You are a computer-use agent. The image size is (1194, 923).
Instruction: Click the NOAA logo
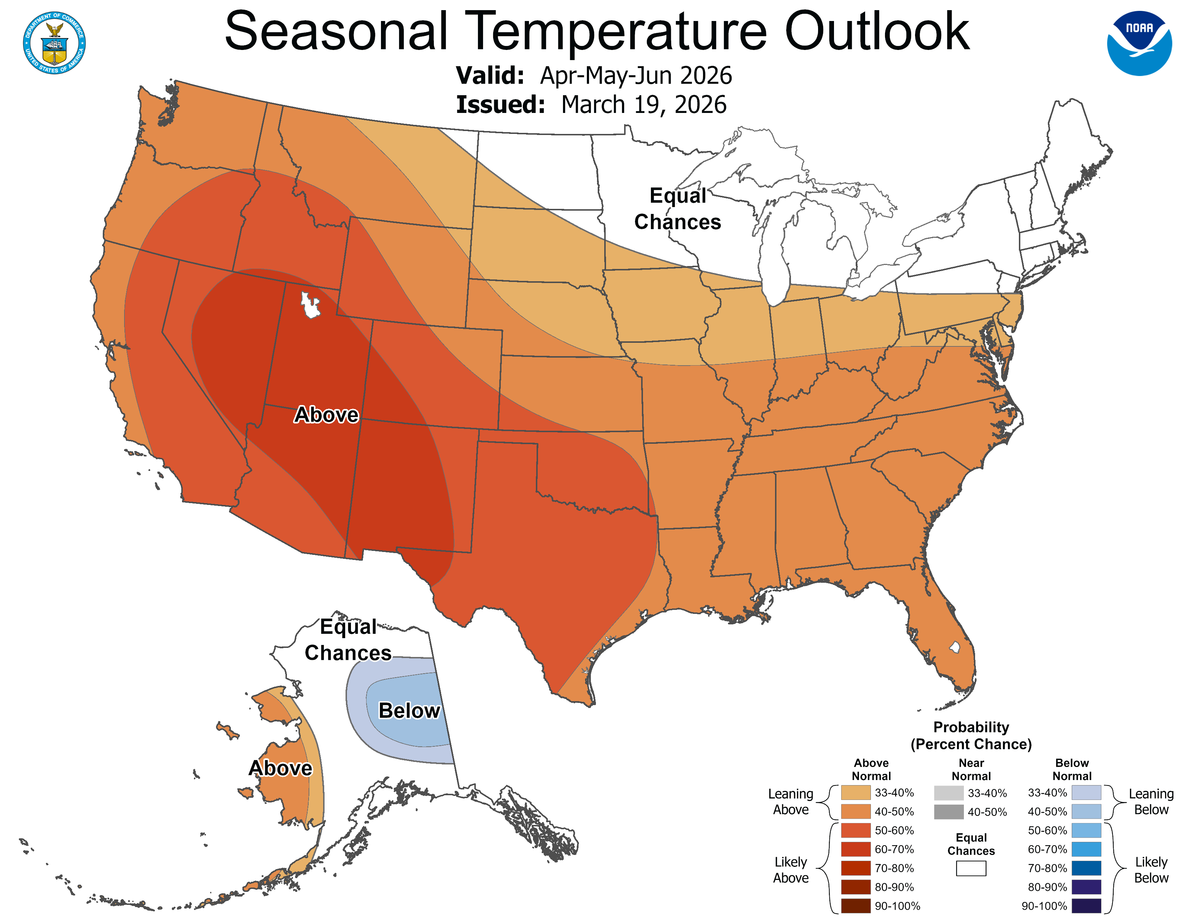[1139, 43]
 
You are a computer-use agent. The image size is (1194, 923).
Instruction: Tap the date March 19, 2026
[643, 105]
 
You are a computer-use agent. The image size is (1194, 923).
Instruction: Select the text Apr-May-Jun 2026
[636, 75]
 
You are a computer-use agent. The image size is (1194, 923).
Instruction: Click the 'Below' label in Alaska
[409, 710]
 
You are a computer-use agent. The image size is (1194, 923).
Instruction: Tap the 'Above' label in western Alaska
[280, 768]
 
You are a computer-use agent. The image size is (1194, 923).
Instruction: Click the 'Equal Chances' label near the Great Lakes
[677, 209]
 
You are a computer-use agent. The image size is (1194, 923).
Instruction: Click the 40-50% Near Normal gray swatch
[949, 812]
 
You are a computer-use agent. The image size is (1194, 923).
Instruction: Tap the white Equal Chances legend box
[971, 868]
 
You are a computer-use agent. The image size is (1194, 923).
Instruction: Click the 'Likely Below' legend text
[1151, 870]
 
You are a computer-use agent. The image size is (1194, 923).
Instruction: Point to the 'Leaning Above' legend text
[791, 802]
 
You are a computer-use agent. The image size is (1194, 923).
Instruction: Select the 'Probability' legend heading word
[971, 727]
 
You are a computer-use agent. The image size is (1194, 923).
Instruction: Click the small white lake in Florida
[954, 648]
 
